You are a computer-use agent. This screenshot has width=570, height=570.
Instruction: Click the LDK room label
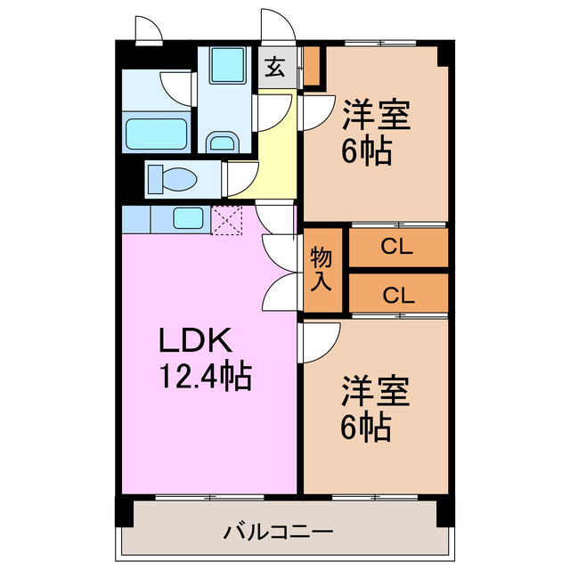click(196, 341)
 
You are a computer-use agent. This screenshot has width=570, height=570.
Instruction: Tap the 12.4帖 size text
click(206, 379)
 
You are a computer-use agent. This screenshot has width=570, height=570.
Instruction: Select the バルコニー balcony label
click(278, 533)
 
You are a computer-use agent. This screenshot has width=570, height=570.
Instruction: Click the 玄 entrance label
click(275, 67)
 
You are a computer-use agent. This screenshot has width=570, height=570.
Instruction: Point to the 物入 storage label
click(322, 270)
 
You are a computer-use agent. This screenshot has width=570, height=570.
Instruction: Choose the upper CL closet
click(397, 248)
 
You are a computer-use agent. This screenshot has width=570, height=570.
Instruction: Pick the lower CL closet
click(397, 294)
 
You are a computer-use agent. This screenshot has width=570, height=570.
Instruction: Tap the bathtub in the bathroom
click(155, 134)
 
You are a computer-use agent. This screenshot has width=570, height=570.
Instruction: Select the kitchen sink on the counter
click(188, 217)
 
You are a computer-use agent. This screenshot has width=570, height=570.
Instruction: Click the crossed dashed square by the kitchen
click(227, 219)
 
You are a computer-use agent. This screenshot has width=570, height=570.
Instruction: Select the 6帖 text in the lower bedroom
click(366, 428)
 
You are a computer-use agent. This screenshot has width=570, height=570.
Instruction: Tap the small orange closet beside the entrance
click(311, 67)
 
